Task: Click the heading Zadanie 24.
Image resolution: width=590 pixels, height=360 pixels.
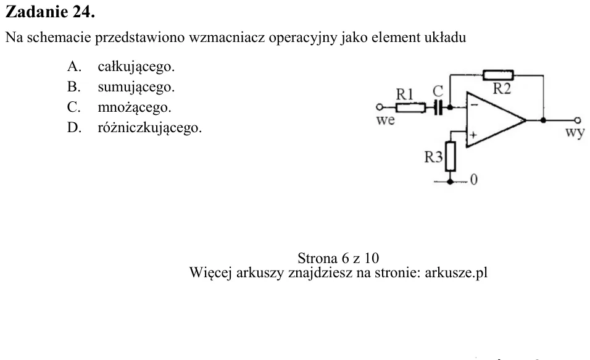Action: pos(50,12)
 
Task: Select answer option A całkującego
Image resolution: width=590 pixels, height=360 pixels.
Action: pos(121,67)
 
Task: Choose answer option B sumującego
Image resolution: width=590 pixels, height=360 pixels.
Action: pos(121,87)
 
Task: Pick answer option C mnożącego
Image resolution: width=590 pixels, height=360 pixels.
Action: pos(119,107)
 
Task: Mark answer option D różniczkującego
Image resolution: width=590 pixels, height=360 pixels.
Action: pos(135,128)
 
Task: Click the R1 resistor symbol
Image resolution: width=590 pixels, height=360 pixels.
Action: pos(410,107)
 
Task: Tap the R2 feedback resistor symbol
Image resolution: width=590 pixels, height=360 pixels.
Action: pos(498,75)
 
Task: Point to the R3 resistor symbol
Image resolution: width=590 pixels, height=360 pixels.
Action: pos(451,156)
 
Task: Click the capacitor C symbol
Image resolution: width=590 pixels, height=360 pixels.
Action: pos(437,107)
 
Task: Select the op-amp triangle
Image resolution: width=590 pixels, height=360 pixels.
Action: pos(496,120)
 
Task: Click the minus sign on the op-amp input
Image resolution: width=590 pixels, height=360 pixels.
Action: pos(475,105)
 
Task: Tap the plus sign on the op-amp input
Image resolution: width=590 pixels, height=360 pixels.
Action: pos(473,135)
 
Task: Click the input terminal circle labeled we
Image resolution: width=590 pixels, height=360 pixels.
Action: pos(380,107)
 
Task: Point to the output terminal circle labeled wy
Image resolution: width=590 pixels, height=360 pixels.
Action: pos(578,120)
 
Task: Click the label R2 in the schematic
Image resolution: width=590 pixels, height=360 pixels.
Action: pos(502,89)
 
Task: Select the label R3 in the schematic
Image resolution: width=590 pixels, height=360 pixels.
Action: pos(433,157)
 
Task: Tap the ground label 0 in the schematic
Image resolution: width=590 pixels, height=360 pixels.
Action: pos(474,180)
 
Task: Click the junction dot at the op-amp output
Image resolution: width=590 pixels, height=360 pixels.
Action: pos(543,120)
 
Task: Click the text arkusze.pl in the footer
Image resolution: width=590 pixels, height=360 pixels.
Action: pos(456,272)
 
